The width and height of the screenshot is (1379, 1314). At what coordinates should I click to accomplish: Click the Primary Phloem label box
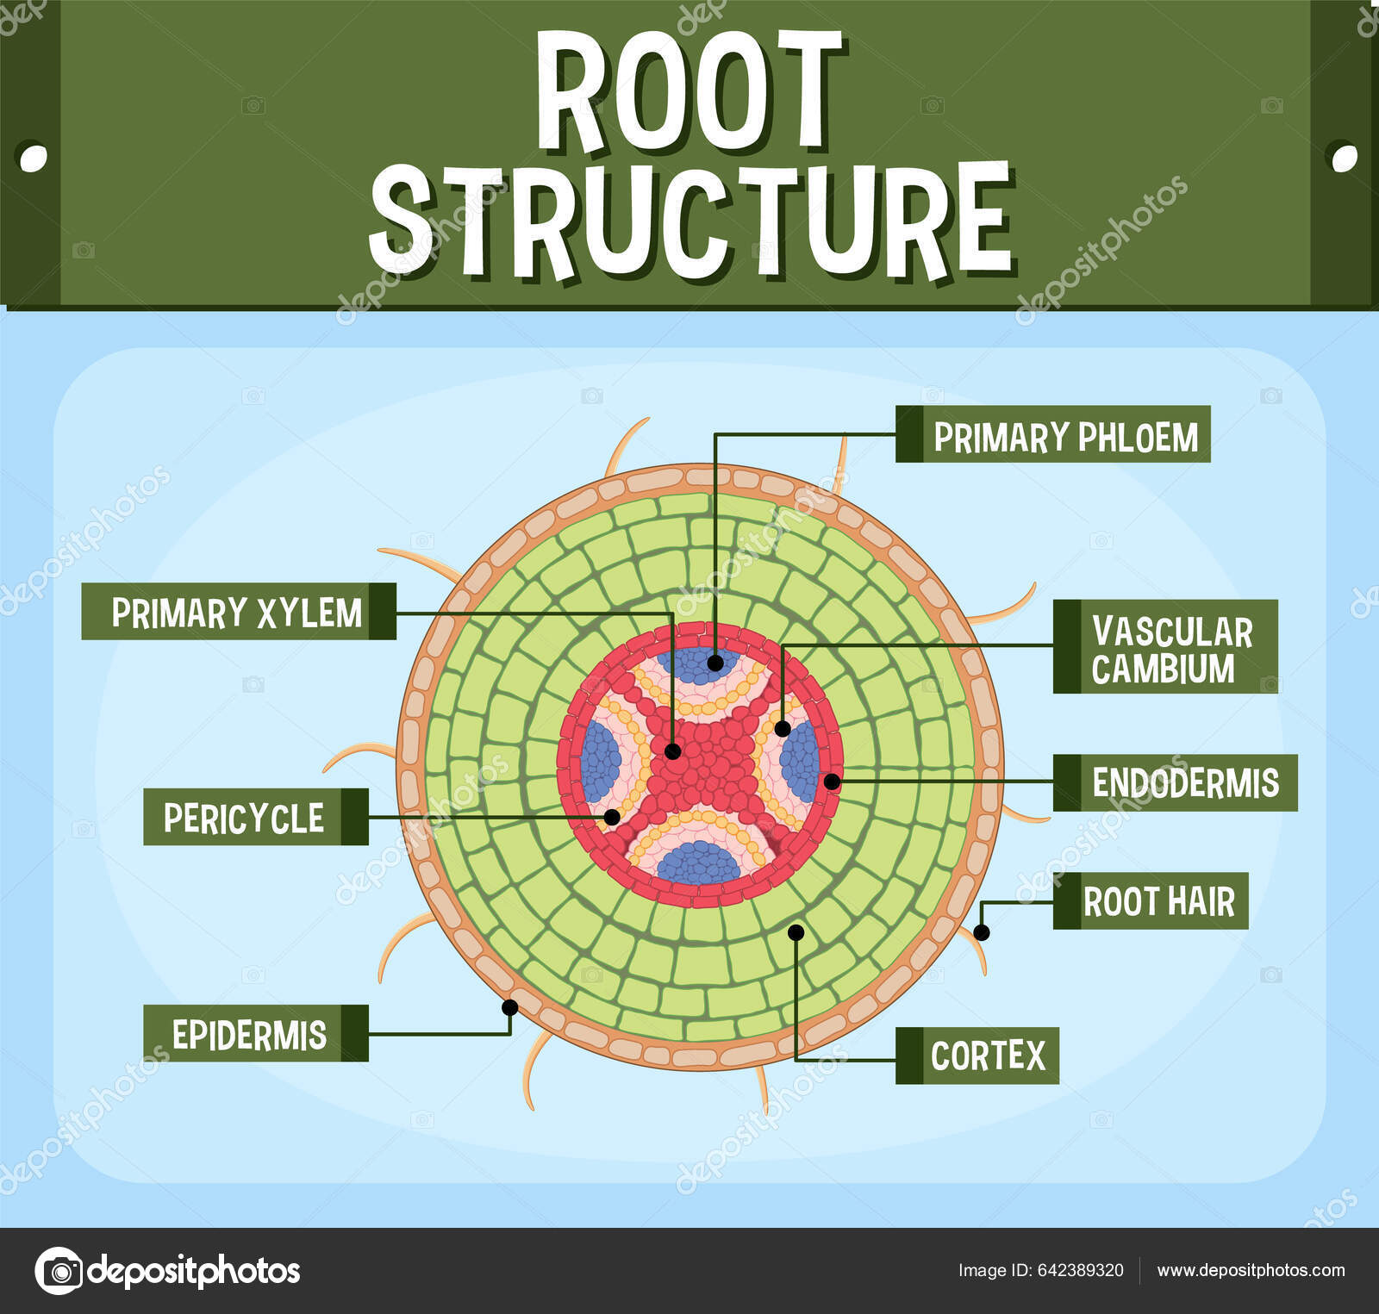pos(1052,434)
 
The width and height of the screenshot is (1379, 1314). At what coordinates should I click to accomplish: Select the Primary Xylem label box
pos(239,612)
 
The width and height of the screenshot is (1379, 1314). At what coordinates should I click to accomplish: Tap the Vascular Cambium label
pos(1165,647)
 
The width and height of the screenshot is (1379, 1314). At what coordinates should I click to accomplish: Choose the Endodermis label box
pos(1176,782)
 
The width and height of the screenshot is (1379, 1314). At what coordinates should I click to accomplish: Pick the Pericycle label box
pos(256,817)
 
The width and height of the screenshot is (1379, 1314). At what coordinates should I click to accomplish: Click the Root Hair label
pos(1151,901)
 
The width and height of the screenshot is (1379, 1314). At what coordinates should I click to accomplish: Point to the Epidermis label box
pos(256,1033)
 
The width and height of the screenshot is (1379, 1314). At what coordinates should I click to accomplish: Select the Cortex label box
pos(977,1056)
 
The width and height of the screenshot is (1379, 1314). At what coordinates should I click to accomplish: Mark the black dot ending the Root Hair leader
pos(981,932)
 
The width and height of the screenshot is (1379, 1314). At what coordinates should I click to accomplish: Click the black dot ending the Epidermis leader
pos(509,1007)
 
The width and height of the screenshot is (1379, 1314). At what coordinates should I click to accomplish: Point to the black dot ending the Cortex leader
pos(796,932)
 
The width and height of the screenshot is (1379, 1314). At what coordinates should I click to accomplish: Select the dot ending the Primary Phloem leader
pos(715,663)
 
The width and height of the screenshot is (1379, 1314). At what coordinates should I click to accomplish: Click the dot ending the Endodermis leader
pos(832,782)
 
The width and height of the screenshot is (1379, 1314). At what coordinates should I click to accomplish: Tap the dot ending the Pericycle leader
pos(612,817)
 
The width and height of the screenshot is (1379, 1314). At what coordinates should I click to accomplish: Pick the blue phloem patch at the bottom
pos(698,863)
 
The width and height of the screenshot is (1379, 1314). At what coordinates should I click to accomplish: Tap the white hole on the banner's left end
pos(33,158)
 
